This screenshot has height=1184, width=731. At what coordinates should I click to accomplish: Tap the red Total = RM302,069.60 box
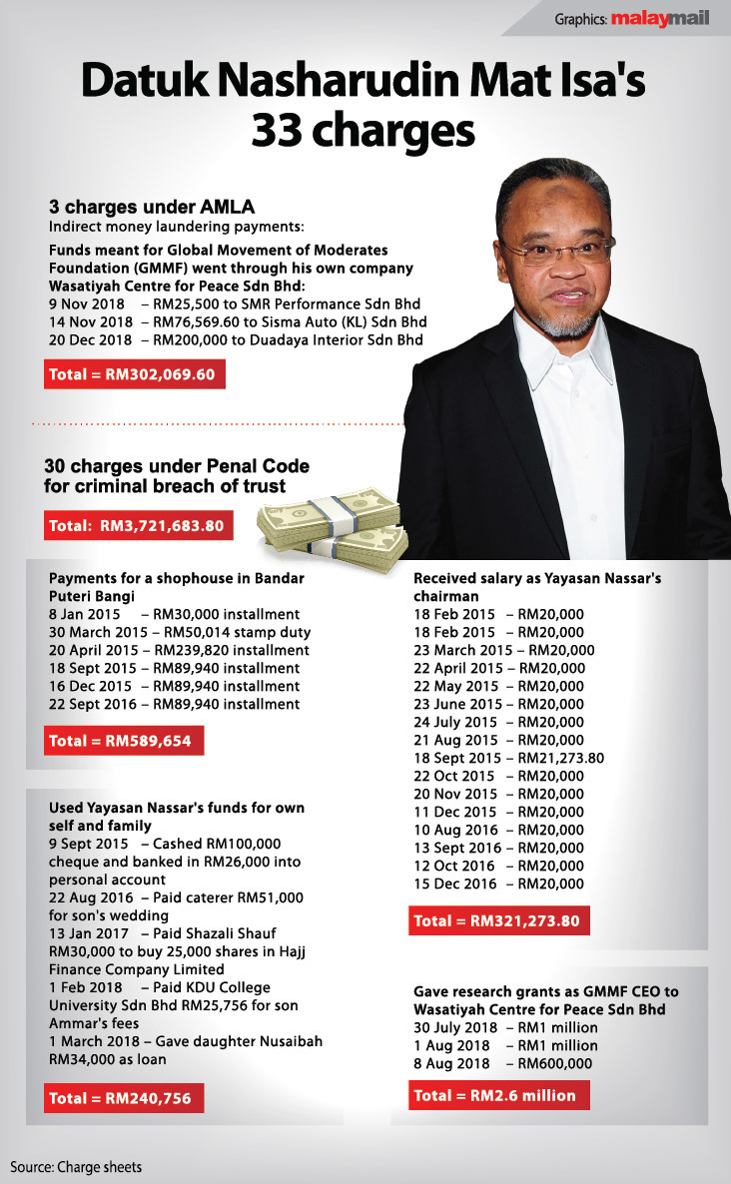[136, 375]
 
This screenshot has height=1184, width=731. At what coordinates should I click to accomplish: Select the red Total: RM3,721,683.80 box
[139, 525]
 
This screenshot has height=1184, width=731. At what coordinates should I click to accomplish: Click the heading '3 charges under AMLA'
[152, 207]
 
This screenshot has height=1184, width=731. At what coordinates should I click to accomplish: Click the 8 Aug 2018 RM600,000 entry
[505, 1063]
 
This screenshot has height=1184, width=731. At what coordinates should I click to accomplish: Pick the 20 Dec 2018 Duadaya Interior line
[236, 339]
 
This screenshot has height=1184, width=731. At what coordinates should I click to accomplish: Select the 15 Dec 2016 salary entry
[498, 884]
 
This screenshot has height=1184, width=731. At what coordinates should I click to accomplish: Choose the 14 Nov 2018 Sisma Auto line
[238, 321]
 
